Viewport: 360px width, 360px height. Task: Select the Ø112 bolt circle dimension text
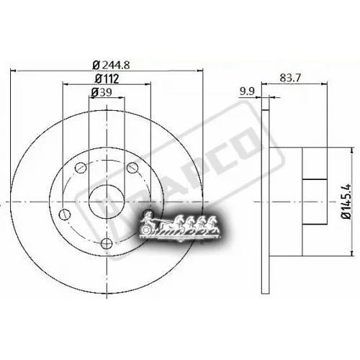[x=107, y=78]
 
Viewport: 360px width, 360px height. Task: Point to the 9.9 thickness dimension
[x=247, y=91]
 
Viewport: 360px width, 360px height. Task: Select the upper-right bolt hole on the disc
[x=131, y=167]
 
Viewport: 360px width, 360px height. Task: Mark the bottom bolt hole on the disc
[x=106, y=242]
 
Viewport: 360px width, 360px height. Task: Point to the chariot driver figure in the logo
[x=148, y=217]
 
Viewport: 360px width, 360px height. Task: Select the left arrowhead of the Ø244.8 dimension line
[x=17, y=69]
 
